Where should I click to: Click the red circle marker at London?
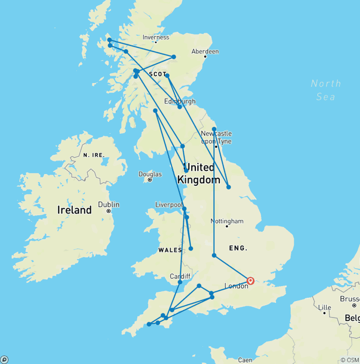pos(250,281)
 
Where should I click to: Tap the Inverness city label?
pos(156,38)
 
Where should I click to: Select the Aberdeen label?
pos(205,52)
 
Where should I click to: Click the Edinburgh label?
pos(180,101)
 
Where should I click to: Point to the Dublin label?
pos(108,205)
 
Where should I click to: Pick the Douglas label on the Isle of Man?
pos(150,174)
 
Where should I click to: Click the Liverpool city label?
pos(169,205)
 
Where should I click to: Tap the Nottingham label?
pos(227,221)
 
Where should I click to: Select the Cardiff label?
pos(180,276)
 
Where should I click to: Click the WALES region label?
pos(170,250)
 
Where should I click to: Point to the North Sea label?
pos(326,90)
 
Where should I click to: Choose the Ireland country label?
pos(75,210)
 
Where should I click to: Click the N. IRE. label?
pos(93,155)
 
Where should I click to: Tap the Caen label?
pos(245,360)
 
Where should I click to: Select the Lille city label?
pos(324,307)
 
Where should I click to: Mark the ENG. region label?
pos(238,248)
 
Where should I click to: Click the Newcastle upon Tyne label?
pos(216,137)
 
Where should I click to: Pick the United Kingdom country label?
pos(199,174)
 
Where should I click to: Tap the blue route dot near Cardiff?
pos(180,282)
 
